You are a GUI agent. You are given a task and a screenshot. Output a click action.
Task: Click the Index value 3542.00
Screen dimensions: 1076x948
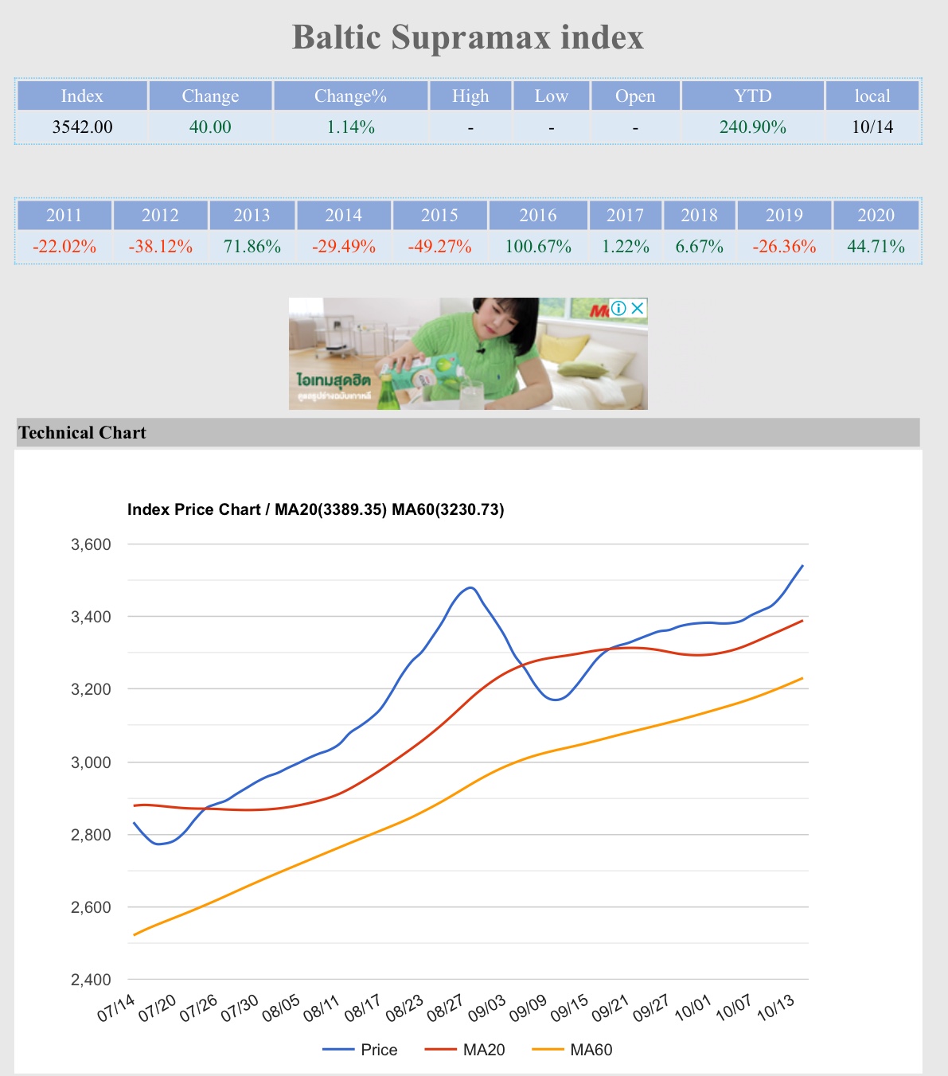tap(82, 127)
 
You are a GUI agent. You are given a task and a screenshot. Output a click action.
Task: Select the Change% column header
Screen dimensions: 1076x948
tap(350, 96)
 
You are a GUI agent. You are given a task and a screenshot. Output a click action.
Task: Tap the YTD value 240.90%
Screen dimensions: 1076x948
tap(752, 127)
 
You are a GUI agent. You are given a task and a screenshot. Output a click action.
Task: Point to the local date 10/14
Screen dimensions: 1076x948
tap(872, 127)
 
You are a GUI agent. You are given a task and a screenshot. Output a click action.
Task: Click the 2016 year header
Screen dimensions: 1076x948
tap(538, 216)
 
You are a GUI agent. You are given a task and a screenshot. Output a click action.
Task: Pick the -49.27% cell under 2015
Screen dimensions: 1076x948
tap(439, 247)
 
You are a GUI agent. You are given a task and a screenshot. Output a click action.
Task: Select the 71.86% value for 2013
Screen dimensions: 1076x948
tap(252, 247)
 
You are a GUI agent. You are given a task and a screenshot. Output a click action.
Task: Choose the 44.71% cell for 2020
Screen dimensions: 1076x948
tap(876, 247)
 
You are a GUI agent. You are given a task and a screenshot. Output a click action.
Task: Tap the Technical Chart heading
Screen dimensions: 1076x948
tap(83, 433)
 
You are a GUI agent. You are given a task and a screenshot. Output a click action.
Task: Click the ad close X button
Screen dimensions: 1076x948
tap(638, 308)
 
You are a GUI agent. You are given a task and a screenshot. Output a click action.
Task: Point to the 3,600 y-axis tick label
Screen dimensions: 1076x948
tap(92, 545)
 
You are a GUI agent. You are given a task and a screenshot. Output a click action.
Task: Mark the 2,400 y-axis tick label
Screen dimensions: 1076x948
tap(92, 980)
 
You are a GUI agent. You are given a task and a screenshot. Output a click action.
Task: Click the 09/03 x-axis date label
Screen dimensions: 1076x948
tap(486, 1008)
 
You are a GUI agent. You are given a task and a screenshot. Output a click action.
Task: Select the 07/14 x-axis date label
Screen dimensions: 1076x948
tap(116, 1008)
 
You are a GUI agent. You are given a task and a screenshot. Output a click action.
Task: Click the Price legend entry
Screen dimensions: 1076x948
tap(378, 1050)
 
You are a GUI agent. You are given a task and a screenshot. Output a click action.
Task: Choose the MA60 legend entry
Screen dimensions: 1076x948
tap(591, 1050)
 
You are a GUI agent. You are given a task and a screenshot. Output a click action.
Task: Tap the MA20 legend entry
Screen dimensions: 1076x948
tap(483, 1050)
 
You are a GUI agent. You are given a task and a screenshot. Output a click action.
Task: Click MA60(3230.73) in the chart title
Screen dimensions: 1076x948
tap(448, 510)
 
